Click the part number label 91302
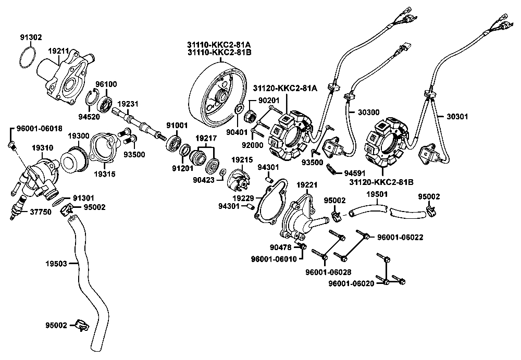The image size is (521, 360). coord(31,37)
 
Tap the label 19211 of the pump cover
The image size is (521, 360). coord(58,51)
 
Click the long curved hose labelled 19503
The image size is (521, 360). coord(84,271)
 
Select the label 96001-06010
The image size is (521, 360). coord(274,258)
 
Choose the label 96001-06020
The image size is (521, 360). coord(352,284)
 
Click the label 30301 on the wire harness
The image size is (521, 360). coord(457,117)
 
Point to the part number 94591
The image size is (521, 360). coord(354,172)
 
